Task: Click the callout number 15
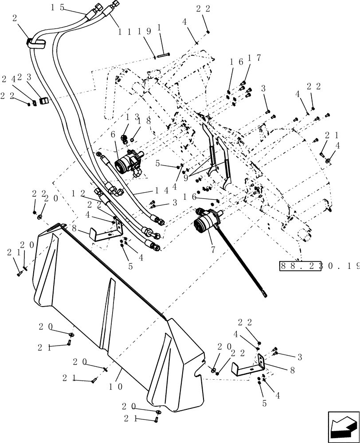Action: point(58,8)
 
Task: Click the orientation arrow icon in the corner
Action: point(343,427)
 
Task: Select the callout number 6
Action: point(113,134)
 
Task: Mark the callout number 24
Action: point(9,79)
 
